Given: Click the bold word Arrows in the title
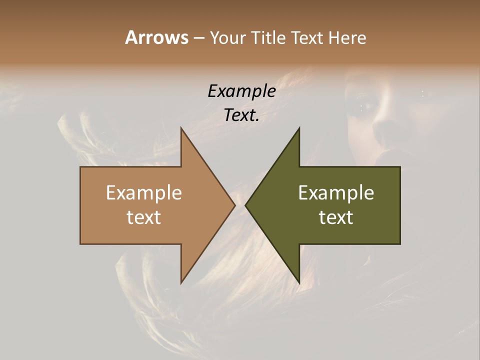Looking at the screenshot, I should click(x=156, y=37).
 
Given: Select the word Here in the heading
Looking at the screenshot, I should click(x=347, y=37).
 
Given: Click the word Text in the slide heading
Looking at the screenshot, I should click(x=306, y=37).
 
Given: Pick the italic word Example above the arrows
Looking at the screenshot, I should click(x=241, y=91).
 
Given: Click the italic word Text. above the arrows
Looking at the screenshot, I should click(x=241, y=115).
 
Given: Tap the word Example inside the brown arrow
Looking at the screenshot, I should click(x=143, y=193).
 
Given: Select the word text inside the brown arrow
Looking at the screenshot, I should click(x=143, y=217).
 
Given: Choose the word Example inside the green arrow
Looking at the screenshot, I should click(x=336, y=193).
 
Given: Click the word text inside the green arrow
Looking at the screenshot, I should click(x=336, y=217).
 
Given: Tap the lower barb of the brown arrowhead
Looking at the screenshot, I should click(x=182, y=280).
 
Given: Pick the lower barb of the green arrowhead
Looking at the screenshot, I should click(x=298, y=280).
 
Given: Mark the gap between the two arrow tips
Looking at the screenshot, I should click(x=240, y=205).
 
